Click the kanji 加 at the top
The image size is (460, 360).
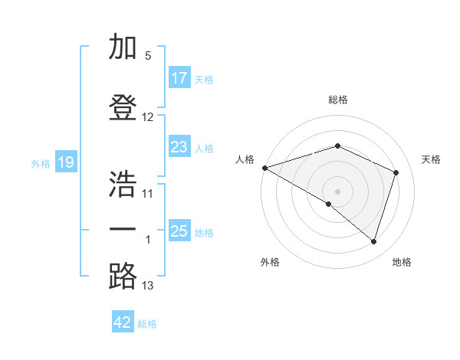[x=123, y=47]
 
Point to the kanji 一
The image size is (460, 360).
[x=123, y=229]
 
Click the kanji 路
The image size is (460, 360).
[x=123, y=276]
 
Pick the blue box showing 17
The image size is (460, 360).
[x=179, y=78]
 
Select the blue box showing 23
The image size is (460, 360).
[x=179, y=147]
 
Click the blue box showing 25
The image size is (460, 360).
[x=179, y=231]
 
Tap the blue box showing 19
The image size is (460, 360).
[x=66, y=162]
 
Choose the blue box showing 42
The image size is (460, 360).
[x=123, y=322]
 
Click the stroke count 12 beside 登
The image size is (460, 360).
[x=148, y=117]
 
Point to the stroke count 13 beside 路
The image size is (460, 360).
[x=148, y=286]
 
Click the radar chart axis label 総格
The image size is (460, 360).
[x=338, y=100]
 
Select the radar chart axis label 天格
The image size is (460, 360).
[x=431, y=159]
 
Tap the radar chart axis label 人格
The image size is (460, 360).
[x=245, y=159]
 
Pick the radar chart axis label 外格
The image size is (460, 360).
[x=270, y=263]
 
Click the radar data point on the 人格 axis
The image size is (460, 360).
[x=264, y=168]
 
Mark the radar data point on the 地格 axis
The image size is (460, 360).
[x=373, y=241]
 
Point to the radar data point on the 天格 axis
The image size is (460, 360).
[x=396, y=172]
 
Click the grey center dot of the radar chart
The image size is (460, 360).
[x=337, y=191]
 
